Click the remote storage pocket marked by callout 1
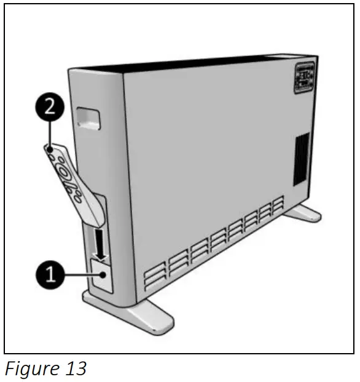101,275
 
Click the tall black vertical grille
301,158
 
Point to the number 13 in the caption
74,368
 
